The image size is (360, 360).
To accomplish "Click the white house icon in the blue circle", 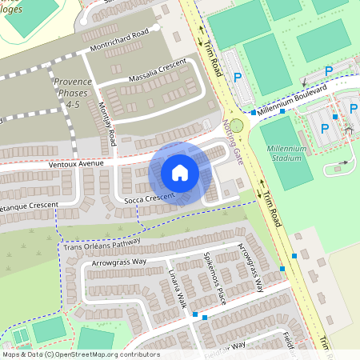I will tap(180, 173).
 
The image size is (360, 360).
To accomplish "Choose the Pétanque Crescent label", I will tap(29, 206).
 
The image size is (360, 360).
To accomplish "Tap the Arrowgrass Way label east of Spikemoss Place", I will tap(252, 270).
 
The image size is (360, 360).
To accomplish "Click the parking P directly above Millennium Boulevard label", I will tap(328, 71).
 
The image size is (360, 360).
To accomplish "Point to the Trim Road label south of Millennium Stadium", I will tap(273, 207).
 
